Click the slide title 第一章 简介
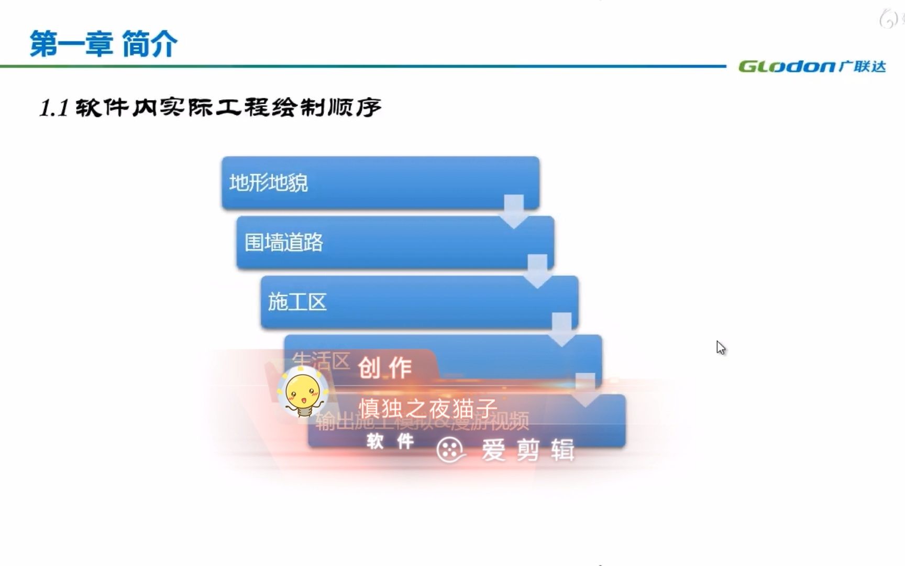(x=104, y=43)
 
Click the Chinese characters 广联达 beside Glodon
(x=862, y=67)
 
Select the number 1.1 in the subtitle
(x=54, y=108)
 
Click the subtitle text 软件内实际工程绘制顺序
(x=228, y=107)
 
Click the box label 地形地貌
(x=268, y=183)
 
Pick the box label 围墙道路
(x=283, y=243)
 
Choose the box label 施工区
(x=297, y=302)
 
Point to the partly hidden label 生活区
(x=321, y=361)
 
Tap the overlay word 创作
(x=385, y=368)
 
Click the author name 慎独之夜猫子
(x=427, y=408)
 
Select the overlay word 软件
(x=390, y=441)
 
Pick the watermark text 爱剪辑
(x=528, y=450)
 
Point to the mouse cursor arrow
(x=721, y=347)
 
